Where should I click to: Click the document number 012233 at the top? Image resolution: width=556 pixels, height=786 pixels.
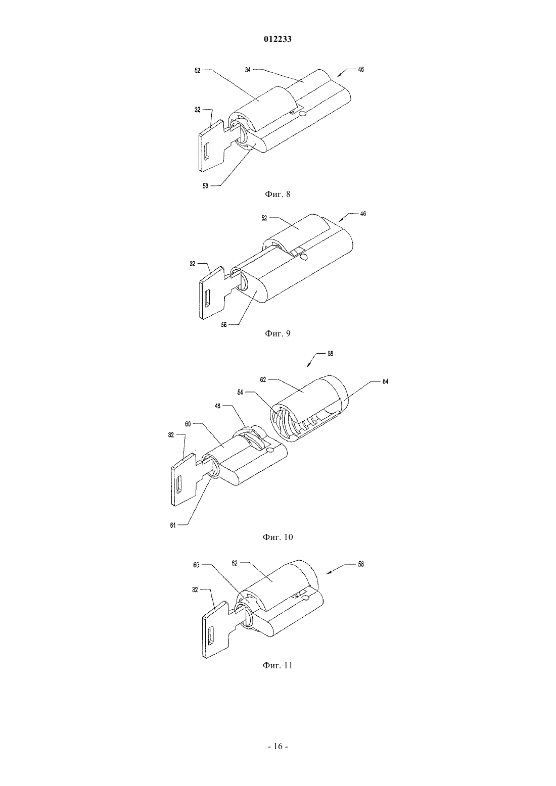pos(277,39)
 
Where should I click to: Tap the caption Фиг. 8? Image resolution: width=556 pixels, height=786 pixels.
pos(277,194)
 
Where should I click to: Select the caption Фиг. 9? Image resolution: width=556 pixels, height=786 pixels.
pos(277,333)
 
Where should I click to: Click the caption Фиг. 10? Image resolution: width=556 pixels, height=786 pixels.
pos(277,537)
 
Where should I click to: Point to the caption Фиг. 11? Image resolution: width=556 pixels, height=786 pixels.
pos(277,665)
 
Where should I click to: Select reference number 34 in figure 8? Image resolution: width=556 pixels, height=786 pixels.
pos(248,70)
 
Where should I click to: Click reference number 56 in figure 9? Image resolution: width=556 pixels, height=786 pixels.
pos(224,325)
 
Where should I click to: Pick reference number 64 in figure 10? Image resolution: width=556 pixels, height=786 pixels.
pos(385,382)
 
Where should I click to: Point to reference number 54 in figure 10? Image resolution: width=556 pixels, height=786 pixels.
pos(240,392)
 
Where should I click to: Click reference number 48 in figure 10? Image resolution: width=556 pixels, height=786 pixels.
pos(217,406)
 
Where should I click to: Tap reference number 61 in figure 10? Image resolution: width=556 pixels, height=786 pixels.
pos(173,525)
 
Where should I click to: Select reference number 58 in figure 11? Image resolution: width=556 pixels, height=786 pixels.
pos(360,564)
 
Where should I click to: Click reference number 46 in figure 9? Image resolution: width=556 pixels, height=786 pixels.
pos(362,214)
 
